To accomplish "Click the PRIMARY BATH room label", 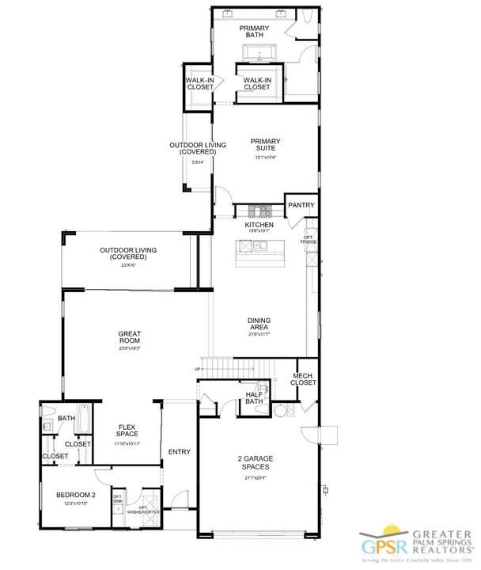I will point(254,32).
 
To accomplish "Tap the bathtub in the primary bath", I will point(256,55).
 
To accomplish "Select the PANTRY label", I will point(301,205).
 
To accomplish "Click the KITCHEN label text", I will point(259,226).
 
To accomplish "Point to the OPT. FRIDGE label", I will point(309,238).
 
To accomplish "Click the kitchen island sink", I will point(257,247).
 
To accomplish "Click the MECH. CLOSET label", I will point(304,380).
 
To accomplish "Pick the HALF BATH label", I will point(254,398).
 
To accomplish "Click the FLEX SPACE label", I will point(127,431).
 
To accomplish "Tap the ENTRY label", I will point(180,452).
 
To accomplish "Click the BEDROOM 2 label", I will point(75,496).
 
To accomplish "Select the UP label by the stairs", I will point(197,370).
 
